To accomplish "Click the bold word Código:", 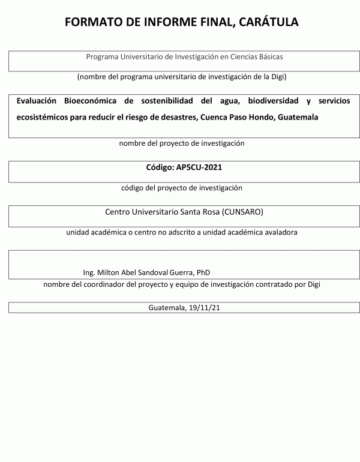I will [160, 167].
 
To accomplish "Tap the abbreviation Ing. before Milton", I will [90, 272].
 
